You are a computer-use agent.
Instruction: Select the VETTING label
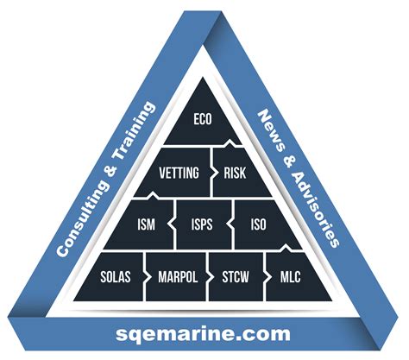[x=179, y=173]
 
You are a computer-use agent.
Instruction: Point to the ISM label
[x=146, y=224]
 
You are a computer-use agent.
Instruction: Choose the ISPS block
[x=203, y=224]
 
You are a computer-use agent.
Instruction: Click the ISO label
[x=258, y=224]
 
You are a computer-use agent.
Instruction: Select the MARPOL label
[x=178, y=277]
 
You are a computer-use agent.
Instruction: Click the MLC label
[x=290, y=277]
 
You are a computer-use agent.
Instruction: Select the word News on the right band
[x=268, y=129]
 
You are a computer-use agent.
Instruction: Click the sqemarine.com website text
[x=203, y=333]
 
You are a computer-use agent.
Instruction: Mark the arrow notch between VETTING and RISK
[x=213, y=173]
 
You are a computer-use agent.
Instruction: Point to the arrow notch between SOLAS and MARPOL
[x=148, y=277]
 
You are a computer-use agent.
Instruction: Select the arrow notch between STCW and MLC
[x=267, y=277]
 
